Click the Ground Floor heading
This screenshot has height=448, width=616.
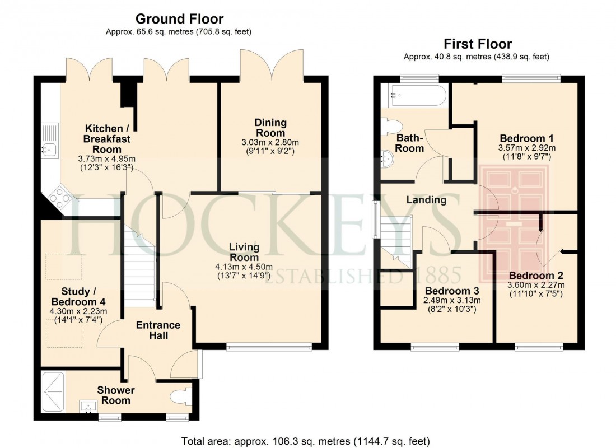pos(179,20)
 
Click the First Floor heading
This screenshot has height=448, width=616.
pos(477,44)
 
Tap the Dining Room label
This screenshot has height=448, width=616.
pos(270,128)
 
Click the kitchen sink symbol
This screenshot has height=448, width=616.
pos(49,149)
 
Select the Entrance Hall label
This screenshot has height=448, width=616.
pos(158,330)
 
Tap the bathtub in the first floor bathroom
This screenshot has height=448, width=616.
pos(413,95)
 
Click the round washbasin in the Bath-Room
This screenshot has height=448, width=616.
pos(387,160)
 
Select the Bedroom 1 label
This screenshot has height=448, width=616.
pos(522,138)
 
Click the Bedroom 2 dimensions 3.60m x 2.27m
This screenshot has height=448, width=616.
pos(536,286)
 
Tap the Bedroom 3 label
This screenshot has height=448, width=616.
pos(451,291)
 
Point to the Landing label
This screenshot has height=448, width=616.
pos(426,200)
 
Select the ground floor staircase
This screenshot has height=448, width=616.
pos(138,269)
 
